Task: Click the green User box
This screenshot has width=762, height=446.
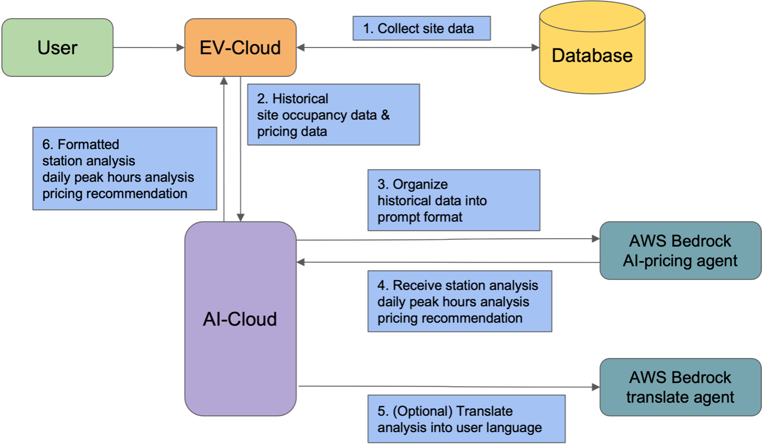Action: point(57,47)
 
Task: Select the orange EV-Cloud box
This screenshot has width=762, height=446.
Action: point(240,47)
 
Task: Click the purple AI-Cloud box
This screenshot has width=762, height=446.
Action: point(240,319)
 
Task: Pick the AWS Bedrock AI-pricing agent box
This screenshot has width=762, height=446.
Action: point(680,250)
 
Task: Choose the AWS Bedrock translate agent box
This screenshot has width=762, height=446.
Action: point(680,387)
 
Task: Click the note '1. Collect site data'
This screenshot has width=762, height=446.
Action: point(421,28)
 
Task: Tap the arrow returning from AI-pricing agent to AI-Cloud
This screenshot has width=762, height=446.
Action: point(448,262)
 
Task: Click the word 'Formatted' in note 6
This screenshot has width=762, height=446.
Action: point(88,144)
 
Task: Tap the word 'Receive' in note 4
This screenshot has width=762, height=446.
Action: point(415,286)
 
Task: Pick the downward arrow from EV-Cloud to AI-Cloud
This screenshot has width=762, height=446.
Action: point(241,149)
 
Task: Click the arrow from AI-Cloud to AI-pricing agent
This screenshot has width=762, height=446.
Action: point(448,240)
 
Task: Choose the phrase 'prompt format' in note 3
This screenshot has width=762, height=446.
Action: point(420,217)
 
